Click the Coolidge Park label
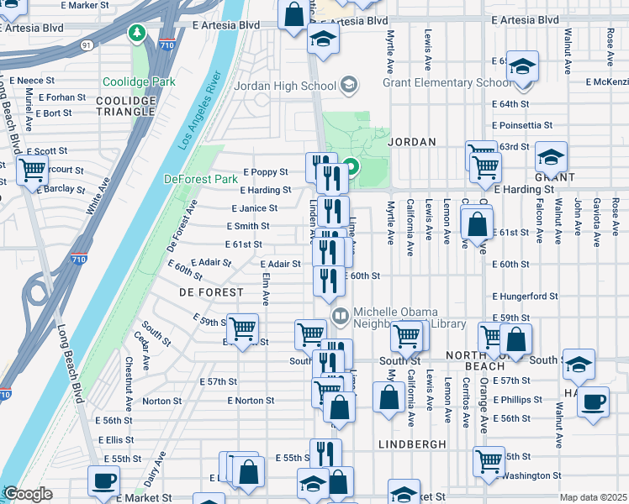tap(139, 82)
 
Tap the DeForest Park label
tap(201, 179)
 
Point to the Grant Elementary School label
tap(447, 83)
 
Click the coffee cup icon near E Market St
tap(104, 480)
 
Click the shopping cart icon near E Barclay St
tap(33, 170)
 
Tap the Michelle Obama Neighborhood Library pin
tap(341, 318)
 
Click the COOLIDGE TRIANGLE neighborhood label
tap(126, 107)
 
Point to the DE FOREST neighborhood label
tap(211, 292)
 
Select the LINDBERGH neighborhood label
tap(410, 444)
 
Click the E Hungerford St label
tap(525, 297)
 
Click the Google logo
tap(28, 494)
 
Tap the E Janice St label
tap(254, 208)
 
